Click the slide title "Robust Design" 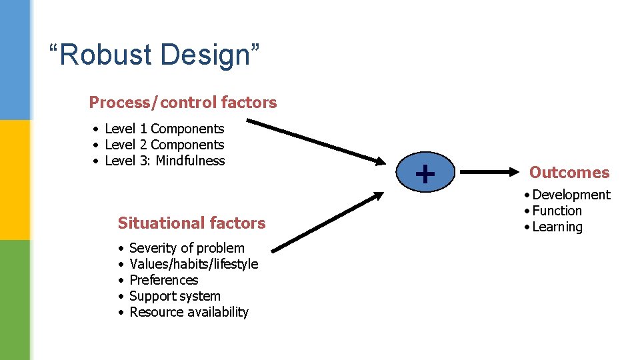(x=154, y=55)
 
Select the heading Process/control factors (x=183, y=102)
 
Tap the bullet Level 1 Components (x=164, y=129)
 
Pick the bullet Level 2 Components (x=164, y=145)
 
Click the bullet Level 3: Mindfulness (x=165, y=161)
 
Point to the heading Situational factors (x=191, y=223)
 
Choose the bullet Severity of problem (x=187, y=248)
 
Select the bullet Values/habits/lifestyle (x=193, y=264)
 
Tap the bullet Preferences (x=163, y=280)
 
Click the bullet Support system (x=175, y=296)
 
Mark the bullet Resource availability (x=189, y=312)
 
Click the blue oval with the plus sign (x=425, y=173)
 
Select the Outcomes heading (x=569, y=173)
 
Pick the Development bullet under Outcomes (x=571, y=195)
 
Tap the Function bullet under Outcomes (x=557, y=211)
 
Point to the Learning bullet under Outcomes (x=557, y=227)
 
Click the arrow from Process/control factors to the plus (x=317, y=141)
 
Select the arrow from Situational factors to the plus (x=328, y=221)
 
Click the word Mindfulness (x=190, y=161)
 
